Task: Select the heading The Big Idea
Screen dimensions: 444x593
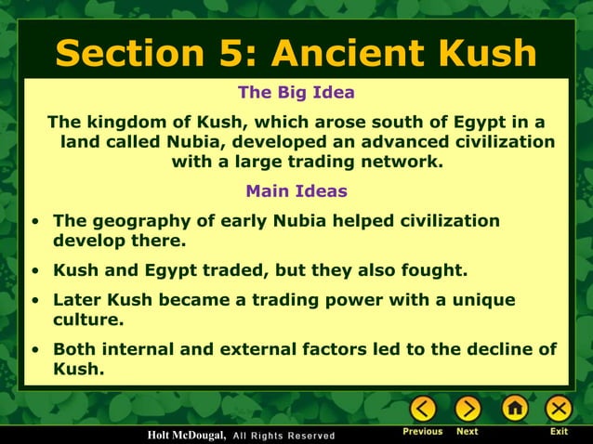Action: (296, 93)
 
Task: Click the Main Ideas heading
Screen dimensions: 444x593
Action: (296, 191)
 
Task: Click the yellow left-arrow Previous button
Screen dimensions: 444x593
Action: (423, 409)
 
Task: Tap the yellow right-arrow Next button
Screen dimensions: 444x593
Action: (468, 409)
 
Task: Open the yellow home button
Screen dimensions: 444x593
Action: (514, 409)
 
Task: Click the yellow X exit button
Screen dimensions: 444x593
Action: (558, 409)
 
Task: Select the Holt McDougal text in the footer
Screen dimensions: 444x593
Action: (186, 436)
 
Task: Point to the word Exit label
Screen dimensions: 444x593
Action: (559, 432)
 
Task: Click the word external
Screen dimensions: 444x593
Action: (271, 349)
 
